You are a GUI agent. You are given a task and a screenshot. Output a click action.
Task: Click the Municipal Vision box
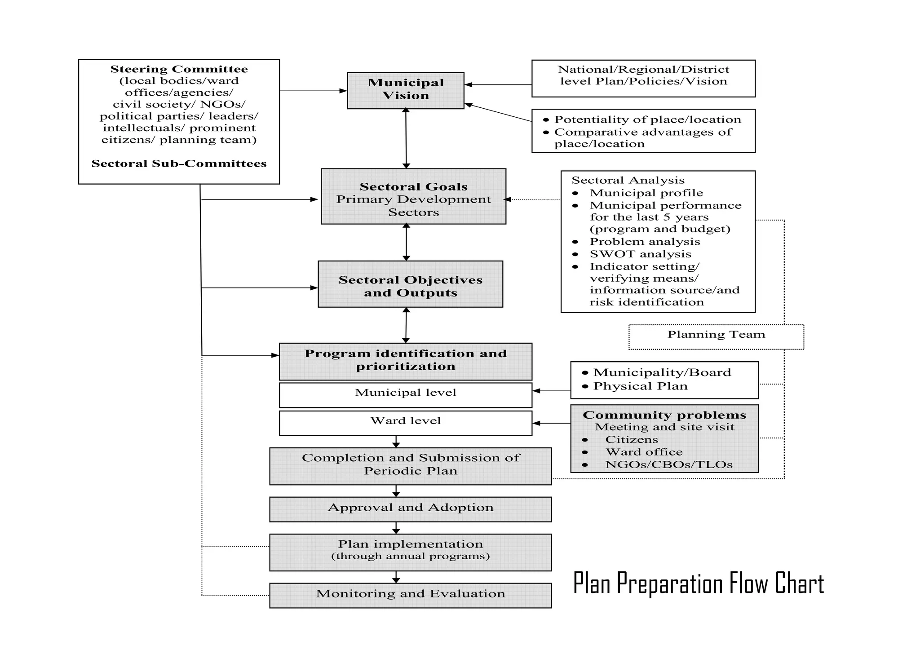(x=405, y=90)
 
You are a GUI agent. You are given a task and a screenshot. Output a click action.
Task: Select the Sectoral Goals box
(x=413, y=196)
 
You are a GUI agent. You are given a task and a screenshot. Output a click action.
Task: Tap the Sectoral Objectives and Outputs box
(x=410, y=284)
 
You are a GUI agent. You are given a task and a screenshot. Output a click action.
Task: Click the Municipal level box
(x=405, y=395)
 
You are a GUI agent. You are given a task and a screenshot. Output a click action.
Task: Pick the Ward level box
(x=405, y=423)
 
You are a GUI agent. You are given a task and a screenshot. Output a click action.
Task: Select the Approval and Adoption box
(x=410, y=509)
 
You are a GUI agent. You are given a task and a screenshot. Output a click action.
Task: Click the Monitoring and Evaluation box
(x=410, y=595)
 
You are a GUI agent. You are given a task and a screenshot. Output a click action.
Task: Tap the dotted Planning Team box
(x=716, y=336)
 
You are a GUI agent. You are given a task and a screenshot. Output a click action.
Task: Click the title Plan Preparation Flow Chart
(x=699, y=583)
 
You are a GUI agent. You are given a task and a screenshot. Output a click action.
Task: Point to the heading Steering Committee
(x=179, y=69)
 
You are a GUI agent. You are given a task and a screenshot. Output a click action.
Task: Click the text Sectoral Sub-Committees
(x=179, y=164)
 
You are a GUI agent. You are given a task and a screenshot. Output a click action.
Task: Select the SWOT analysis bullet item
(x=640, y=254)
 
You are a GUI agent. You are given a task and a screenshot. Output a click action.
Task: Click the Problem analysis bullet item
(x=645, y=242)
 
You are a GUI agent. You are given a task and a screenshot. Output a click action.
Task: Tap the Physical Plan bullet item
(x=640, y=386)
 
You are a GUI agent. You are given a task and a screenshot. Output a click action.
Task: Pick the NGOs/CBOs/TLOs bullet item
(x=668, y=465)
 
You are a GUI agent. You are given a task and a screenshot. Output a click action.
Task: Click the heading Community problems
(x=664, y=415)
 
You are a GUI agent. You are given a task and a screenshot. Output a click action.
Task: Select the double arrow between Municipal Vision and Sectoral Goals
(x=406, y=138)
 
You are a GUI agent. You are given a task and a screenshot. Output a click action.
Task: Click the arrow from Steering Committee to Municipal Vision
(x=313, y=91)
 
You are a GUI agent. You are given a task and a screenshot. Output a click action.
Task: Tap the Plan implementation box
(x=410, y=552)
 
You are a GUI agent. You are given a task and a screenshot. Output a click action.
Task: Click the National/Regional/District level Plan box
(x=643, y=78)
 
